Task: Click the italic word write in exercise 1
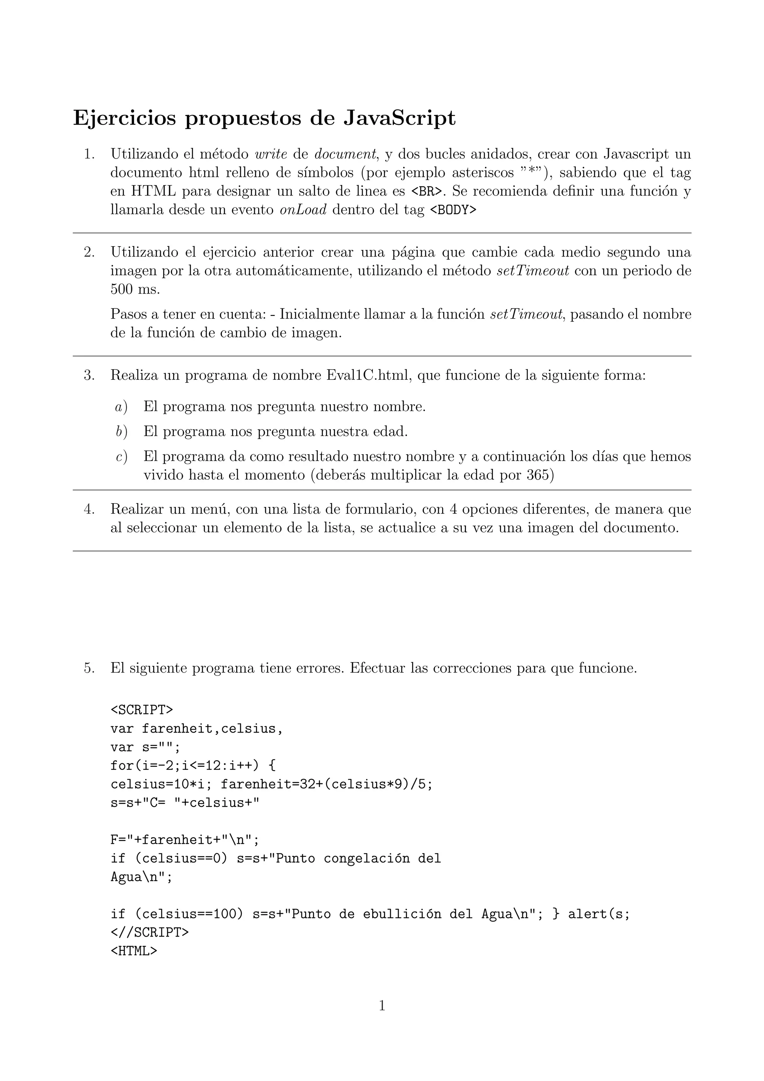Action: tap(270, 154)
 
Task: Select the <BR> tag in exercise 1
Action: tap(428, 192)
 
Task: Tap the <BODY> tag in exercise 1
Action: tap(453, 210)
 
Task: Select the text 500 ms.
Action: tap(135, 289)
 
